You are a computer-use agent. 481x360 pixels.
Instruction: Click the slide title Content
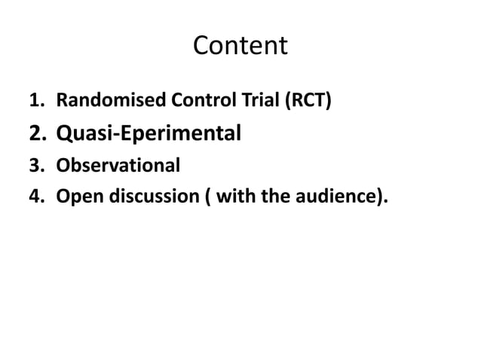pos(240,46)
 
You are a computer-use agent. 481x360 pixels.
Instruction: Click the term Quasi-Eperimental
pos(149,134)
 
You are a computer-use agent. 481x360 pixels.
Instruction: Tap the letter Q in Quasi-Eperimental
pos(65,134)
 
